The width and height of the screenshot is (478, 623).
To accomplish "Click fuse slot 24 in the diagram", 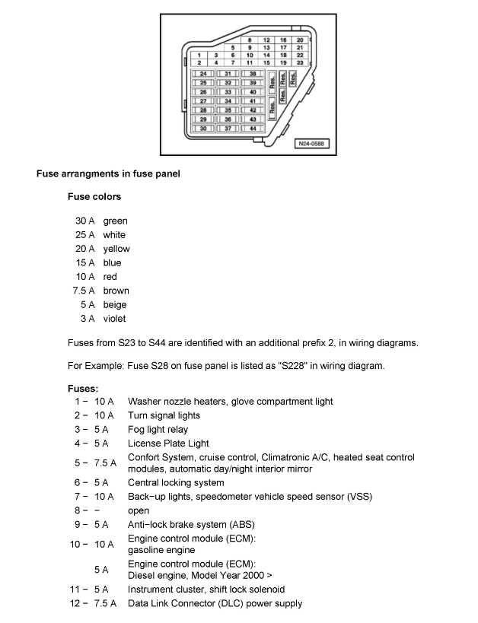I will tap(202, 74).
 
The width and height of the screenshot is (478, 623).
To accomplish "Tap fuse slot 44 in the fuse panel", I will tap(252, 129).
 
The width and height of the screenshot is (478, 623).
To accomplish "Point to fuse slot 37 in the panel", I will tap(228, 129).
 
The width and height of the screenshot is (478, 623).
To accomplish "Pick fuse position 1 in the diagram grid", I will tap(199, 55).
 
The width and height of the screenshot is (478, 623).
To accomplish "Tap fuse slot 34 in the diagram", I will tap(228, 101).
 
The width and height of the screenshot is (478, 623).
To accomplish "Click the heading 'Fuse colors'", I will tap(94, 196).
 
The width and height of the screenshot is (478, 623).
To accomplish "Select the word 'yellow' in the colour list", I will tap(116, 249).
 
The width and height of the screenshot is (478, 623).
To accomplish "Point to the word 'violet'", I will tap(115, 319).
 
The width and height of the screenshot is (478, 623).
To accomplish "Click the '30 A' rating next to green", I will tap(84, 221).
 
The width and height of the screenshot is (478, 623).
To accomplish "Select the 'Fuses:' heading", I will tap(83, 389).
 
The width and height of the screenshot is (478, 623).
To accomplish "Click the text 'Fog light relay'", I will tap(158, 429).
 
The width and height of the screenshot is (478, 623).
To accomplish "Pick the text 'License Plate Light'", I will tap(167, 443).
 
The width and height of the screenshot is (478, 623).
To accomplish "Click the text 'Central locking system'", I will tap(175, 482).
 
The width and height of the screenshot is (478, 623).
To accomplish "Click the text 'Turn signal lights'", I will tap(164, 415).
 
